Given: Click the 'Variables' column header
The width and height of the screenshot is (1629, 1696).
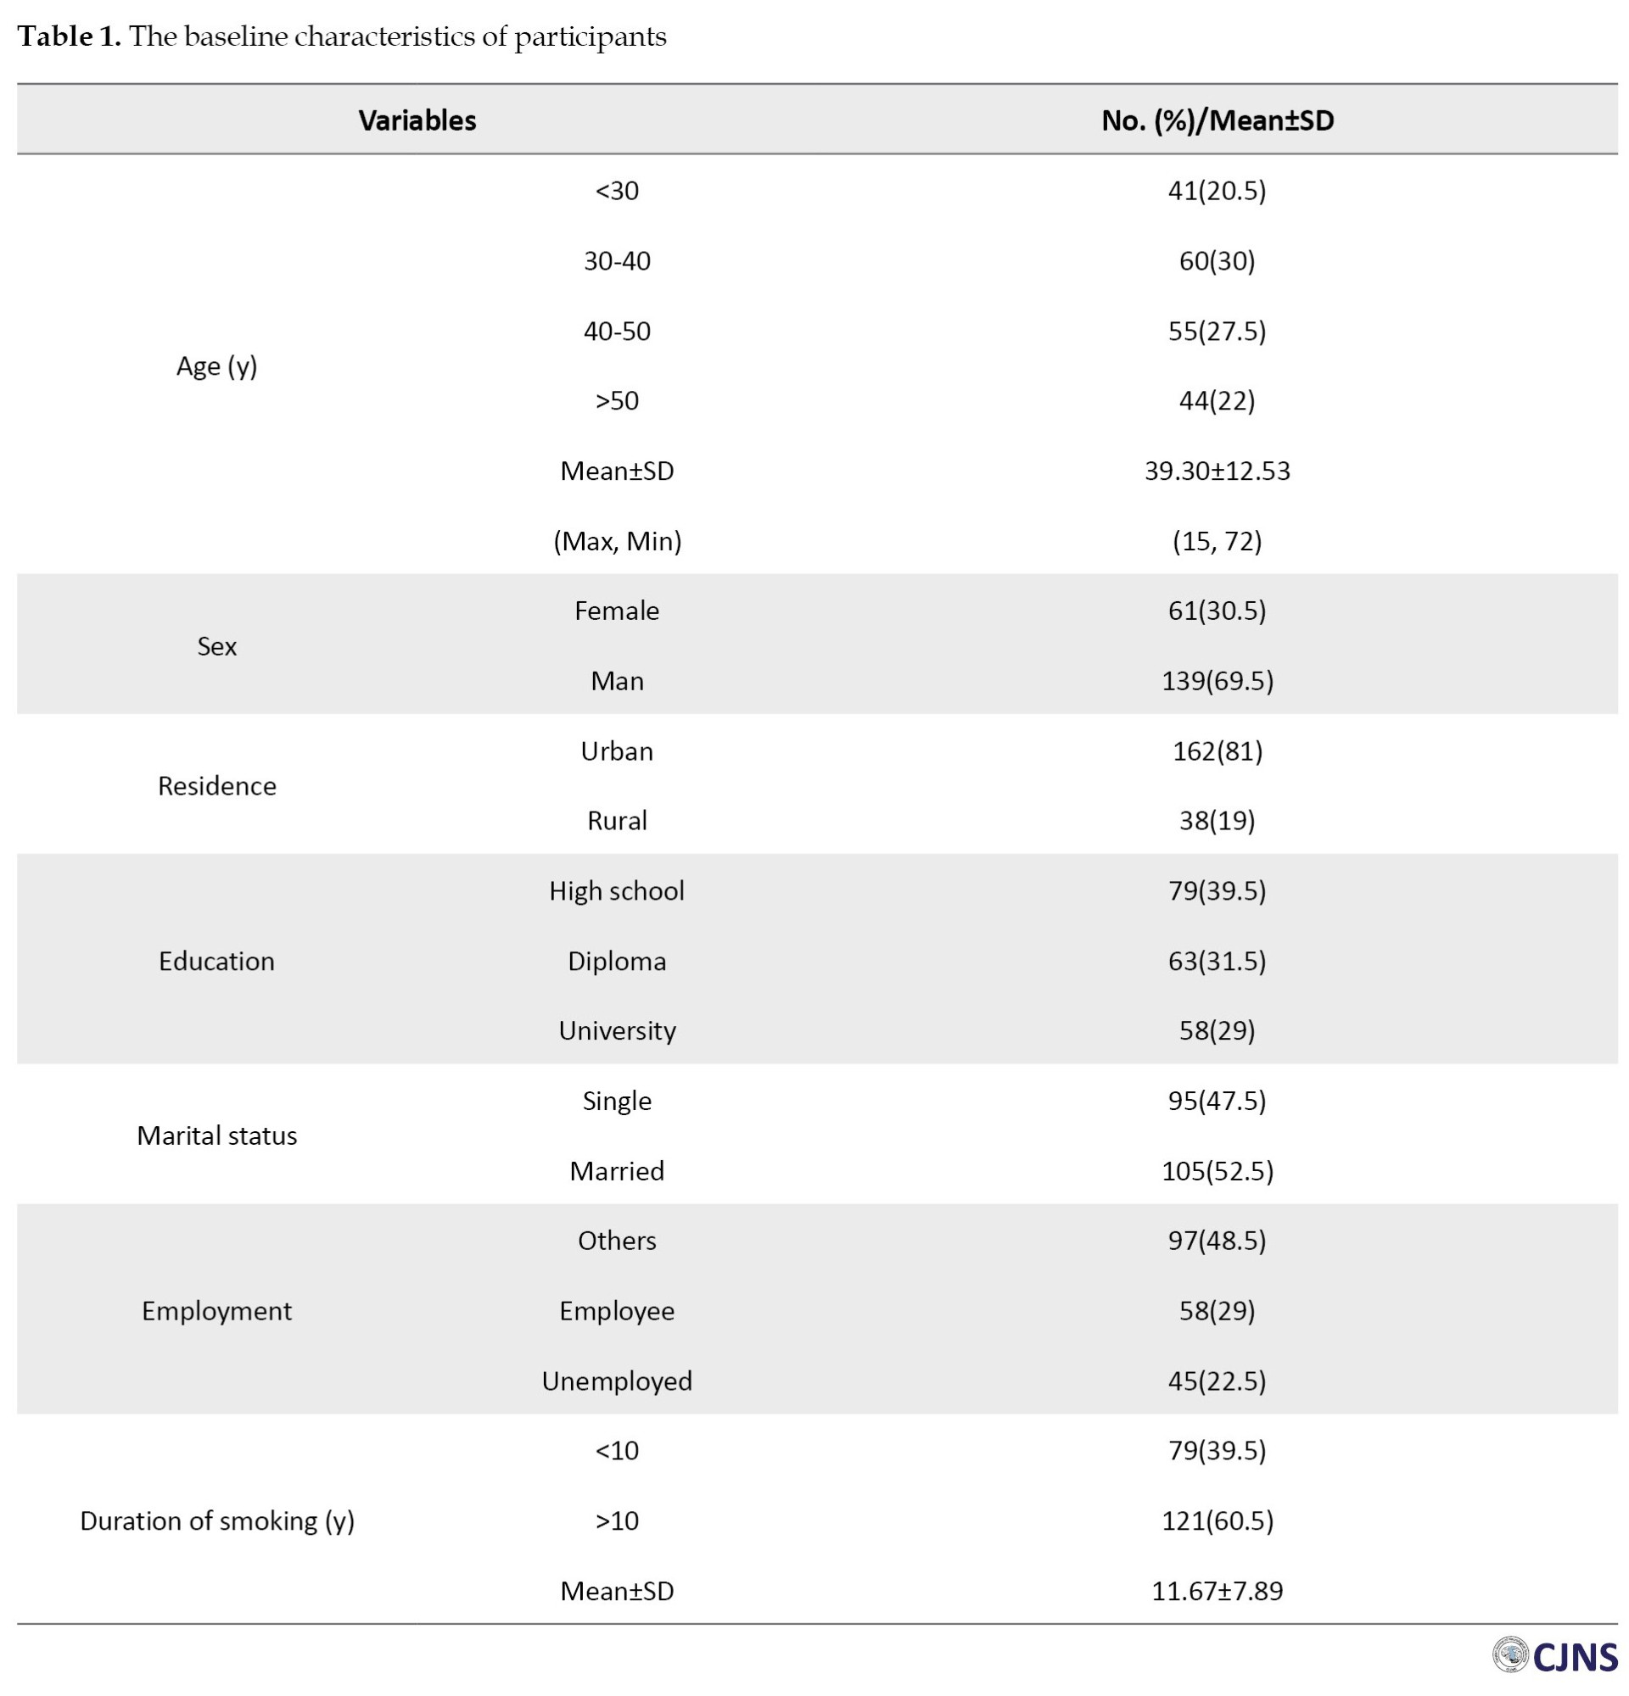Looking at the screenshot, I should click(417, 120).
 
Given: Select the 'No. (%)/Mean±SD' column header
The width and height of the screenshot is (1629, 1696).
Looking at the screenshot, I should click(1217, 120).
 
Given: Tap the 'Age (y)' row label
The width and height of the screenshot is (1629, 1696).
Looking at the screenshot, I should click(216, 366).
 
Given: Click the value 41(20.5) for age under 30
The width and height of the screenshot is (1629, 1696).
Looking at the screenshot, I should click(1217, 190).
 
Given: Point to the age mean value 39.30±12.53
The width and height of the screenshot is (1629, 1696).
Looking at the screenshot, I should click(1217, 471).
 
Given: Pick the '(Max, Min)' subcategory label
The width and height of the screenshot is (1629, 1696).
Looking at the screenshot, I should click(617, 541).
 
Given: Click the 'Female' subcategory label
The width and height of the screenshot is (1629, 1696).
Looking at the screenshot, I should click(617, 611).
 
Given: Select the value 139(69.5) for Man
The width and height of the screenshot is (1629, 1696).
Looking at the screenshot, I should click(1217, 681).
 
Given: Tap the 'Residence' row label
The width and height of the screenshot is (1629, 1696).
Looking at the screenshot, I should click(216, 786).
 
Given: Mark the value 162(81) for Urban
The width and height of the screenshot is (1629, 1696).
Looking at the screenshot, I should click(1217, 751).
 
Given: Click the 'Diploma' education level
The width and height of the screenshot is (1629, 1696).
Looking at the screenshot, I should click(617, 961).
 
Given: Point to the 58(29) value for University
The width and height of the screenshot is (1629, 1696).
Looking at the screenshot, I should click(1217, 1030).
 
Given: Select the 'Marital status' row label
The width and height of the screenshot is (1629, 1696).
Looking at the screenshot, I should click(216, 1135).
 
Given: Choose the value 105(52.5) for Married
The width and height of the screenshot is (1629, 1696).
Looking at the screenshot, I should click(1217, 1171).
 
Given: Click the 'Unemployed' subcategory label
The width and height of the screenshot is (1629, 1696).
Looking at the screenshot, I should click(617, 1381).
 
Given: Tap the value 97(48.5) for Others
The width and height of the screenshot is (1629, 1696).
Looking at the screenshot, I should click(1217, 1240).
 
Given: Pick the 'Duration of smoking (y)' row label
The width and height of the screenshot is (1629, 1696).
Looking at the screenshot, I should click(216, 1520).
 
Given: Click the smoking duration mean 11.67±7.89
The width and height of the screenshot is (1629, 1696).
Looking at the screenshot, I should click(1217, 1591).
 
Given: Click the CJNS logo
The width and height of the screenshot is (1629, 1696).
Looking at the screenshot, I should click(1554, 1656).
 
